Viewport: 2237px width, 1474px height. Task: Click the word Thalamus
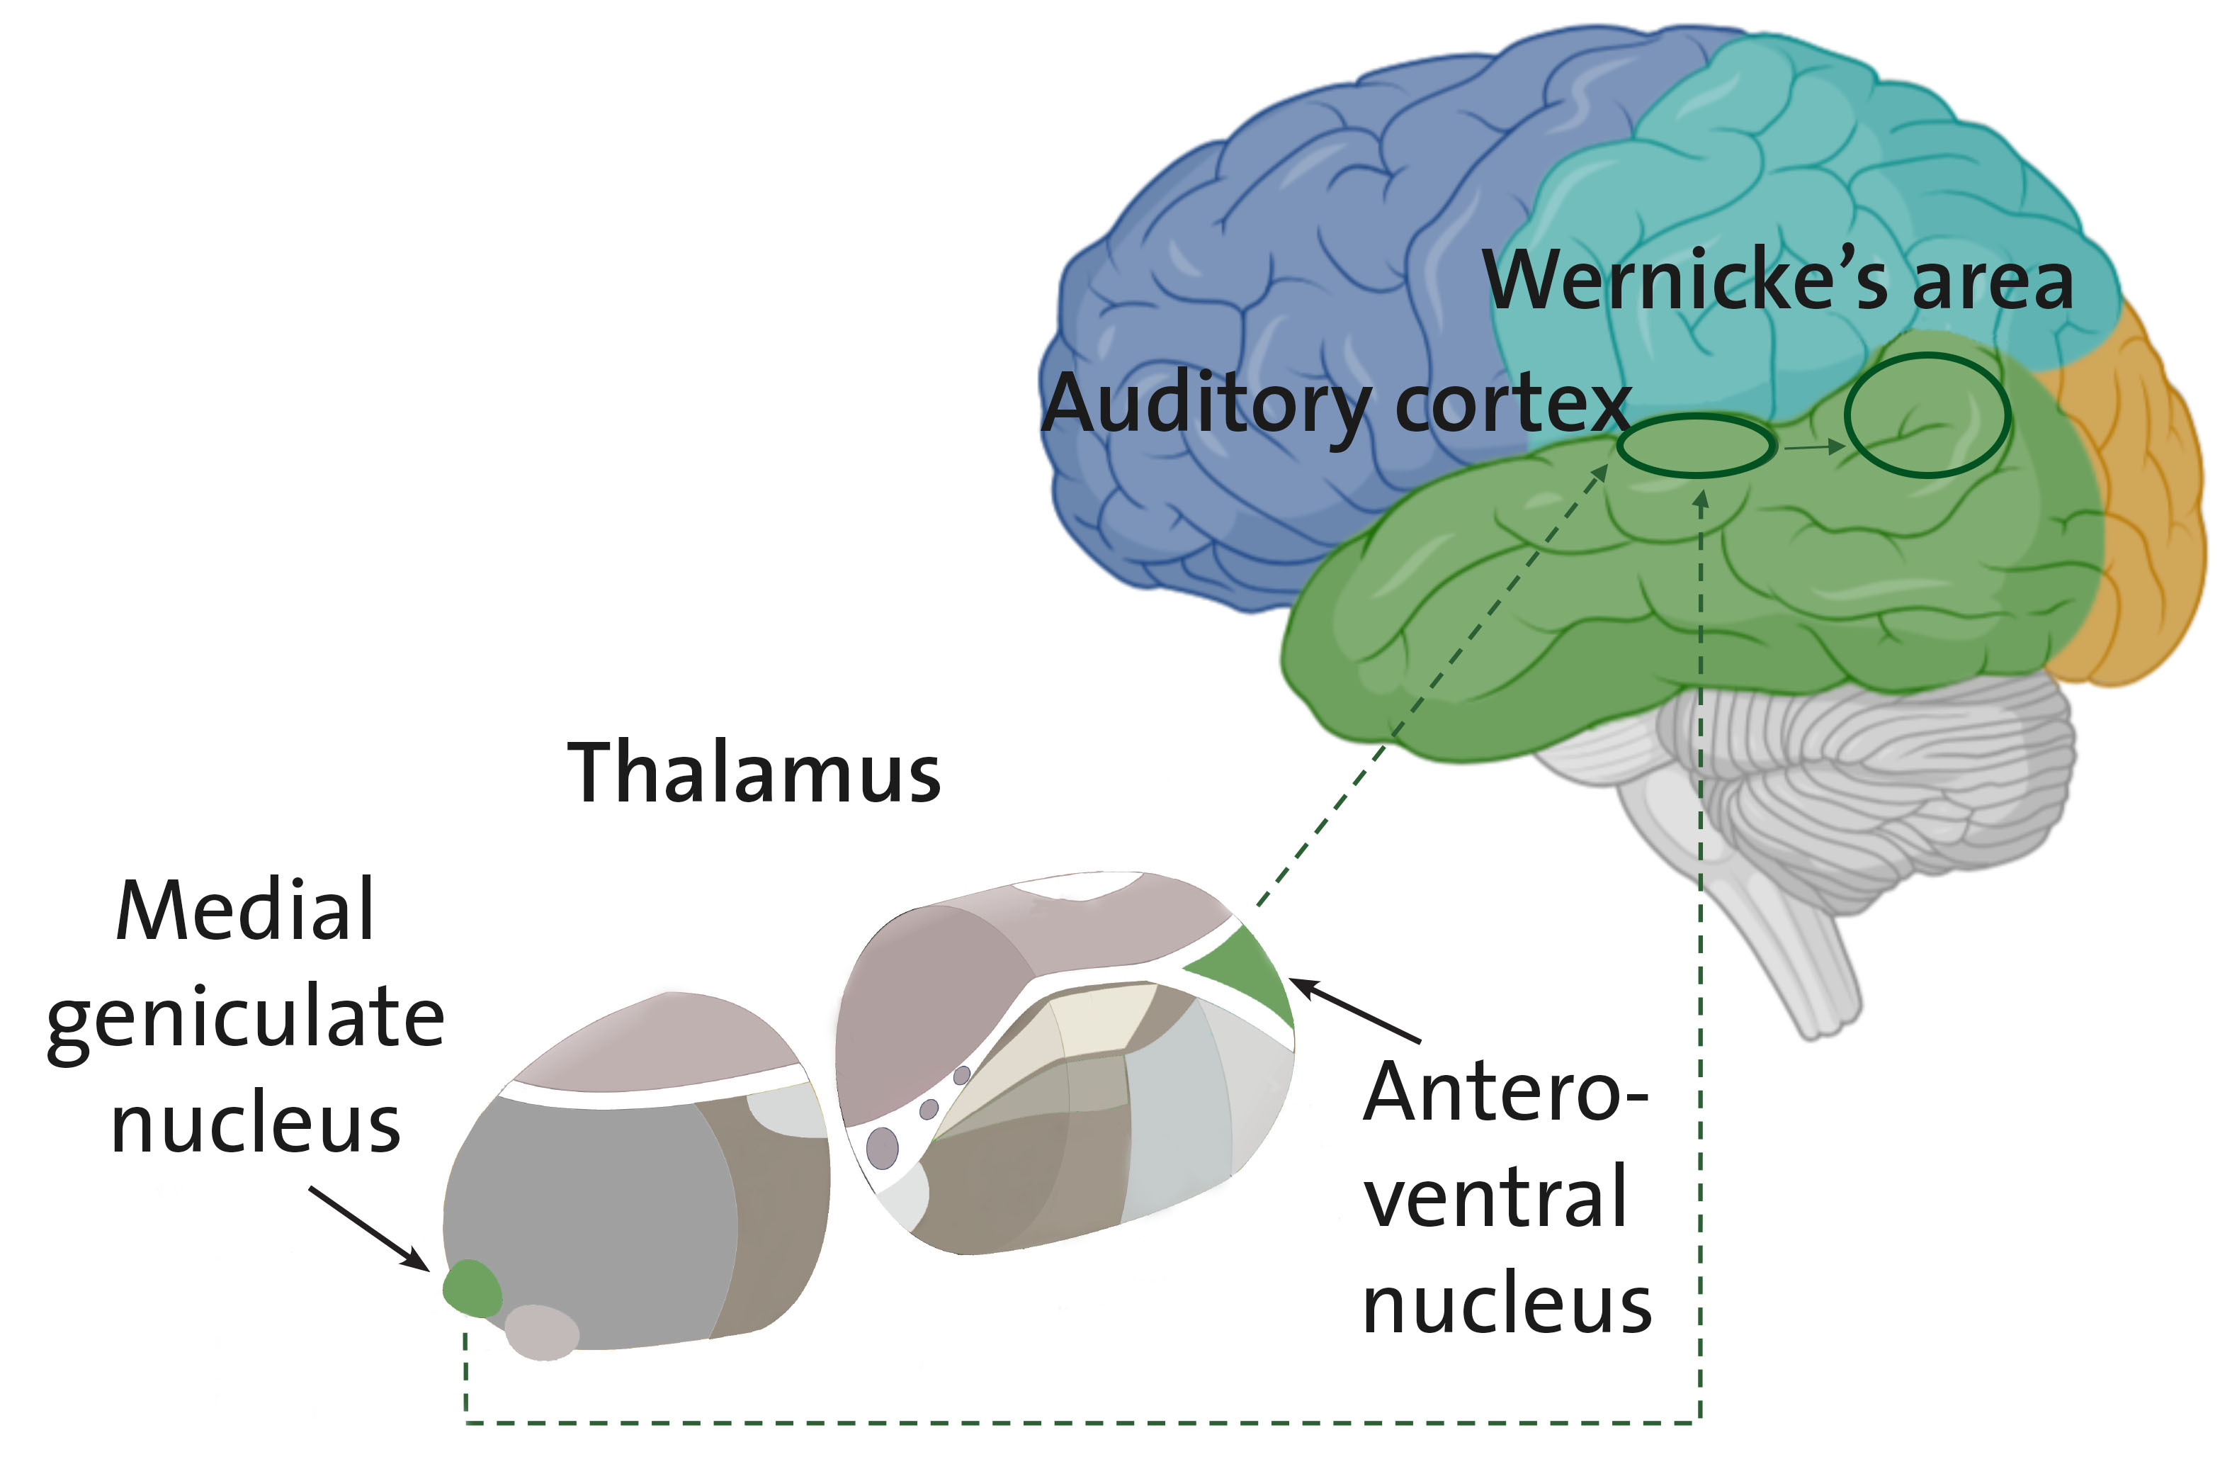coord(753,772)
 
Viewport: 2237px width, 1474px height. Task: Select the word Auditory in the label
coord(1207,404)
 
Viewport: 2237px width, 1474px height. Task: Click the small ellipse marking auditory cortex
coord(1697,444)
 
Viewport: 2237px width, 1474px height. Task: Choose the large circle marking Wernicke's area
coord(1927,415)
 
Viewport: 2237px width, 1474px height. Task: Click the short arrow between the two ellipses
coord(1814,447)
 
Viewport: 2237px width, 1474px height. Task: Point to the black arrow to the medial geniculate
coord(368,1229)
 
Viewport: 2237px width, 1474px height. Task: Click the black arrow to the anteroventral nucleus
coord(1354,1010)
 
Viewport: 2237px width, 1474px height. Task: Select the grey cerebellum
coord(1880,789)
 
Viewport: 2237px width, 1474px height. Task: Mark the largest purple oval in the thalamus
coord(882,1148)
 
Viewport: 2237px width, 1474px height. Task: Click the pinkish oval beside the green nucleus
coord(543,1331)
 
